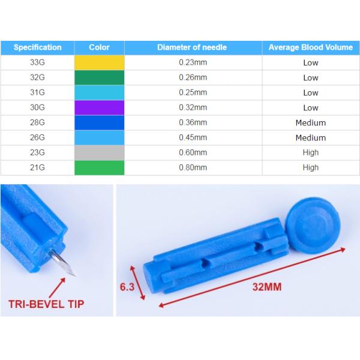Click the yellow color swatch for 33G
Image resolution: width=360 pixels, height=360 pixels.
(x=100, y=62)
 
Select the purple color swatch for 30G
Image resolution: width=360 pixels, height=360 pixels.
(x=100, y=107)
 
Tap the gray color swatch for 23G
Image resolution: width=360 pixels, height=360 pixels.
(x=100, y=152)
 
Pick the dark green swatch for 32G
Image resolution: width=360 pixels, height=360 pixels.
(x=100, y=77)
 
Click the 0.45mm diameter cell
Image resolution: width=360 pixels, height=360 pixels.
(x=193, y=137)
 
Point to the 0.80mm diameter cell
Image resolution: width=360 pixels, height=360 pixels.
(x=193, y=167)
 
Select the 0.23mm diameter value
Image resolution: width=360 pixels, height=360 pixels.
(x=193, y=62)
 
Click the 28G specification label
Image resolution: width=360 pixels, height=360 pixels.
(x=37, y=122)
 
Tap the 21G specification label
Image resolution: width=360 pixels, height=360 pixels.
(x=37, y=167)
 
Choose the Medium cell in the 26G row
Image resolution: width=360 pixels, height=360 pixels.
(x=311, y=138)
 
